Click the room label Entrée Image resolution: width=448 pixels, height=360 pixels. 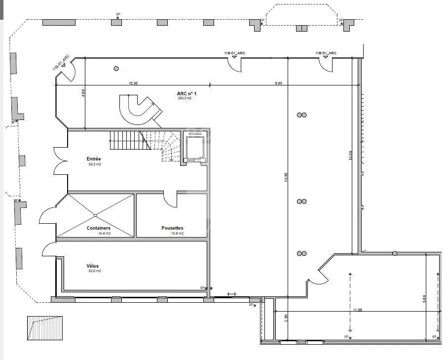tap(94, 159)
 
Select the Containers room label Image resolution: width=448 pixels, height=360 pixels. tap(98, 228)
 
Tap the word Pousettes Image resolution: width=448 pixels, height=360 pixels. tap(172, 228)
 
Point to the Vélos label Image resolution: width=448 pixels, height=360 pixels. tap(92, 266)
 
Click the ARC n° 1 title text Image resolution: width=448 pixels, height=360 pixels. tap(187, 93)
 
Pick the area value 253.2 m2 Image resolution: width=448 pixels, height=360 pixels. tap(185, 98)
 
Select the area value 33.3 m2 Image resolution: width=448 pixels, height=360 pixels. tap(94, 164)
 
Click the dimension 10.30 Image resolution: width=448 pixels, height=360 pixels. tap(133, 83)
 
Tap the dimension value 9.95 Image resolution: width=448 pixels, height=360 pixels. tap(278, 83)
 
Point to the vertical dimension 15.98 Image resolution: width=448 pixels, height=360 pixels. tap(286, 176)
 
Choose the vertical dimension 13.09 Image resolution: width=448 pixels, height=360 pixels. tap(351, 156)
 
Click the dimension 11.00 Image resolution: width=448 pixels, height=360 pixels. tap(357, 310)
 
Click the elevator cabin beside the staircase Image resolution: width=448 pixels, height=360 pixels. tap(194, 147)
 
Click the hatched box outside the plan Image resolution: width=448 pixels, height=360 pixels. tap(45, 328)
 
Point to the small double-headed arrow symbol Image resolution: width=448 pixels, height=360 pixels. tap(231, 294)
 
